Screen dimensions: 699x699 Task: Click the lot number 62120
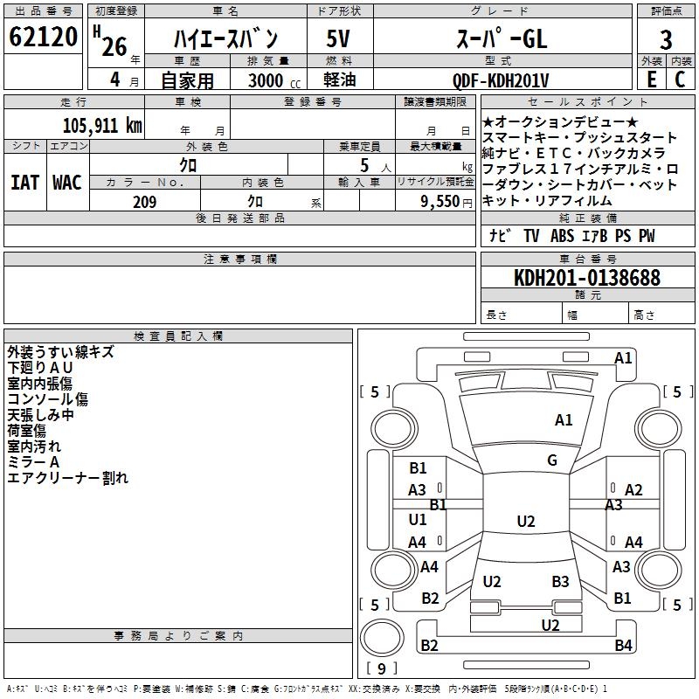[x=43, y=37]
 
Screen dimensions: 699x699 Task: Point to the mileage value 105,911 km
[x=102, y=125]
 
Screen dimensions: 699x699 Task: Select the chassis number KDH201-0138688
[x=587, y=278]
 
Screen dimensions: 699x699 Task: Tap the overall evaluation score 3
[x=666, y=40]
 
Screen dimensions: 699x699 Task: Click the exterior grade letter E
[x=651, y=80]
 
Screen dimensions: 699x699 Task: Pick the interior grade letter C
[x=680, y=80]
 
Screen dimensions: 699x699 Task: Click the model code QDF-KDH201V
[x=501, y=80]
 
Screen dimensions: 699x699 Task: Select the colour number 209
[x=144, y=202]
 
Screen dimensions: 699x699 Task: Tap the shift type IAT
[x=25, y=183]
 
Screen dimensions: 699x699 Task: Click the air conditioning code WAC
[x=67, y=183]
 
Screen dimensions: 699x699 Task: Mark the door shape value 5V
[x=338, y=38]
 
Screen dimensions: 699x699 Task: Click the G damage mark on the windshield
[x=552, y=460]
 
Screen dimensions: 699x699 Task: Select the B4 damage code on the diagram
[x=623, y=645]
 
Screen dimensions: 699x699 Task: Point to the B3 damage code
[x=560, y=581]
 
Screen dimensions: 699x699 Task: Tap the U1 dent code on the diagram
[x=418, y=519]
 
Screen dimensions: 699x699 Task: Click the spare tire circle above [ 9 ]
[x=382, y=637]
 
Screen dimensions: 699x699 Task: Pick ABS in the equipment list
[x=562, y=236]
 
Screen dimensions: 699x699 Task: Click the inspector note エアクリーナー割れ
[x=68, y=478]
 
